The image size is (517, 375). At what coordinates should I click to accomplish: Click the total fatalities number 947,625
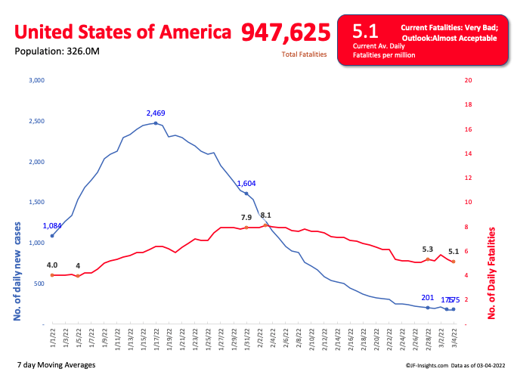(286, 32)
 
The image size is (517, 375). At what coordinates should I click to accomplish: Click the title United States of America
(123, 33)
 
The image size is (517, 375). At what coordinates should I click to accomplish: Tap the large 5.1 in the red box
(365, 31)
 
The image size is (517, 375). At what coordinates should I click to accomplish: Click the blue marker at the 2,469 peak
(156, 123)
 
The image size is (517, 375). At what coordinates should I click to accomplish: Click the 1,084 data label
(52, 226)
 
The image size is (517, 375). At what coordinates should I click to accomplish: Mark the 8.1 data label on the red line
(266, 215)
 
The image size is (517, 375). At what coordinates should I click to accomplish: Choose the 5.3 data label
(428, 249)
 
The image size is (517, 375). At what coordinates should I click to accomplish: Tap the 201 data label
(428, 298)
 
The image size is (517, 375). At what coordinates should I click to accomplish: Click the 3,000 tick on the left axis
(36, 80)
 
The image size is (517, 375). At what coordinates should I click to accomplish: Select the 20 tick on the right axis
(469, 80)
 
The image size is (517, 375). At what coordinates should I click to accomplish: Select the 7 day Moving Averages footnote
(55, 365)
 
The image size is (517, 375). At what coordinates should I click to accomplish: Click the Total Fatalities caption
(304, 54)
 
